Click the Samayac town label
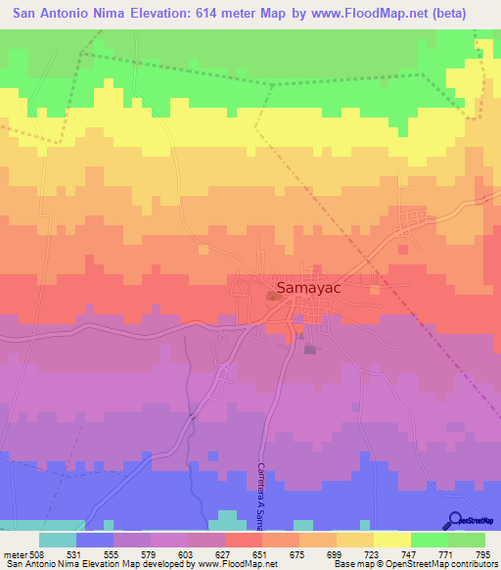tap(316, 290)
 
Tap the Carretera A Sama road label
tap(261, 496)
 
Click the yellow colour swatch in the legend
tap(391, 541)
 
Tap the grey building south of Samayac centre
tap(310, 349)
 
